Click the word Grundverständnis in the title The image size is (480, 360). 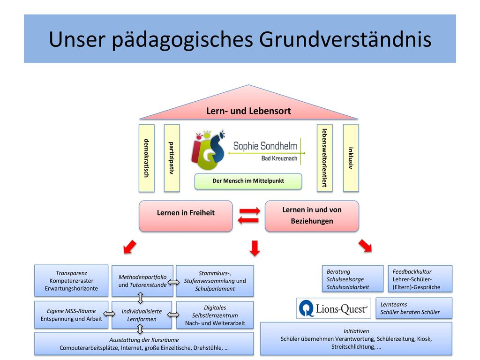pos(345,39)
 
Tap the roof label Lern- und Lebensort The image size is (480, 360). pos(248,111)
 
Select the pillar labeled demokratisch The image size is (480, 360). pos(147,158)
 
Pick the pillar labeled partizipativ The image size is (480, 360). pos(172,158)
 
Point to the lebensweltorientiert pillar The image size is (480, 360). pos(325,158)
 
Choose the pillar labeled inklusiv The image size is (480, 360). pos(351,158)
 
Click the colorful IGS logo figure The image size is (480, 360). pos(208,150)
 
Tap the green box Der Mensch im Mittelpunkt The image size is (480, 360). pos(248,181)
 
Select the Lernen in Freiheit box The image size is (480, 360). pos(186,216)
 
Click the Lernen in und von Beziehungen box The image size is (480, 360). pos(312,216)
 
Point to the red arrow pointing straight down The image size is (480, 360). pos(255,248)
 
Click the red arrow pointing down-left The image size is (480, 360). pos(129,247)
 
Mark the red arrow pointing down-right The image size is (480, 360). pos(365,246)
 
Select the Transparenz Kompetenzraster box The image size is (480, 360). pos(71,281)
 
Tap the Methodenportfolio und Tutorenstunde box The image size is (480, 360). pos(142,281)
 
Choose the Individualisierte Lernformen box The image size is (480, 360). pos(142,315)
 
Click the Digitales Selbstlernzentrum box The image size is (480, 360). pos(215,315)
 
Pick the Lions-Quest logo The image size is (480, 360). pos(334,308)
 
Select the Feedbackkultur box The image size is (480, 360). pos(420,279)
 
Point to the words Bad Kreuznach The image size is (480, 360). pos(279,158)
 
